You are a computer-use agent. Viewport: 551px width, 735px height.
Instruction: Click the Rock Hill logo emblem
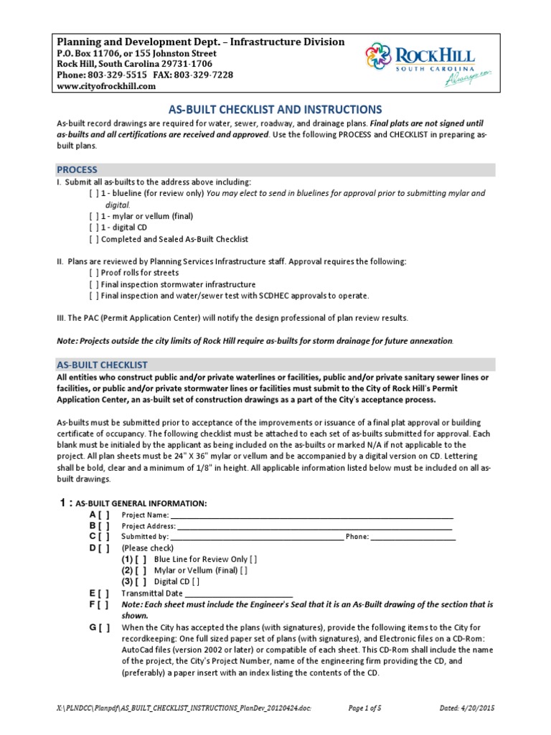(x=381, y=60)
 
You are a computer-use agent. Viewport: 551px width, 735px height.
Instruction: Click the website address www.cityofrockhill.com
(x=106, y=86)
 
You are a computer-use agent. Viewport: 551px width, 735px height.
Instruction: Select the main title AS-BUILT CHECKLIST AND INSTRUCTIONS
(x=275, y=110)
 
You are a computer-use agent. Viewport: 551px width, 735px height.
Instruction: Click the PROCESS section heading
(x=77, y=170)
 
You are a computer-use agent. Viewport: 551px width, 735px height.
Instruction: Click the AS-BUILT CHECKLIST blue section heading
(x=102, y=365)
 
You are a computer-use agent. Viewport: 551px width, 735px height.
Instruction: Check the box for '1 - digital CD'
(x=94, y=228)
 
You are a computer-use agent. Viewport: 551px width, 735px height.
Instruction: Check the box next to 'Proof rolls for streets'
(x=94, y=273)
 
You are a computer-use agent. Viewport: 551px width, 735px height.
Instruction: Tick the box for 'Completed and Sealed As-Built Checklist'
(x=94, y=239)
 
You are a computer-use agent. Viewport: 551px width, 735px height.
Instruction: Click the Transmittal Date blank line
(x=239, y=594)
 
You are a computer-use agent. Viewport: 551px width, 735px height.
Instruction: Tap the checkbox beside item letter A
(x=105, y=515)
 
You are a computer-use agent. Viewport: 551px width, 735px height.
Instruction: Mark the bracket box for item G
(x=105, y=627)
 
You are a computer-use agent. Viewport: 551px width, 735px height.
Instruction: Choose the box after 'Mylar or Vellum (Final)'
(x=244, y=571)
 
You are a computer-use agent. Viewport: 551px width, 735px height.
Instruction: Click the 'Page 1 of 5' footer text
(x=364, y=708)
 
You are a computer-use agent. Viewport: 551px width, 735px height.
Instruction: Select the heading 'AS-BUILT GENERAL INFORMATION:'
(x=141, y=503)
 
